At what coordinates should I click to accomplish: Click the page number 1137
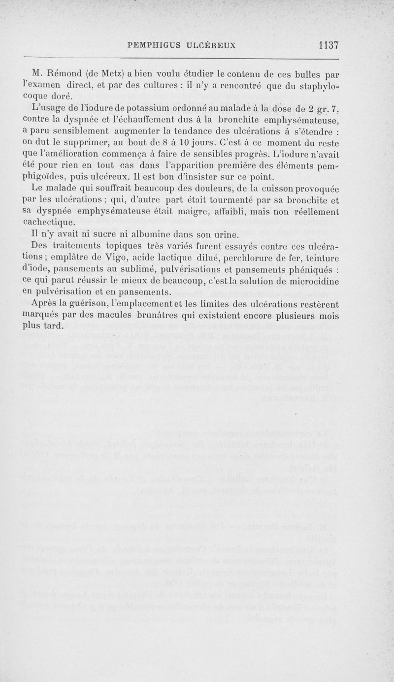point(328,45)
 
